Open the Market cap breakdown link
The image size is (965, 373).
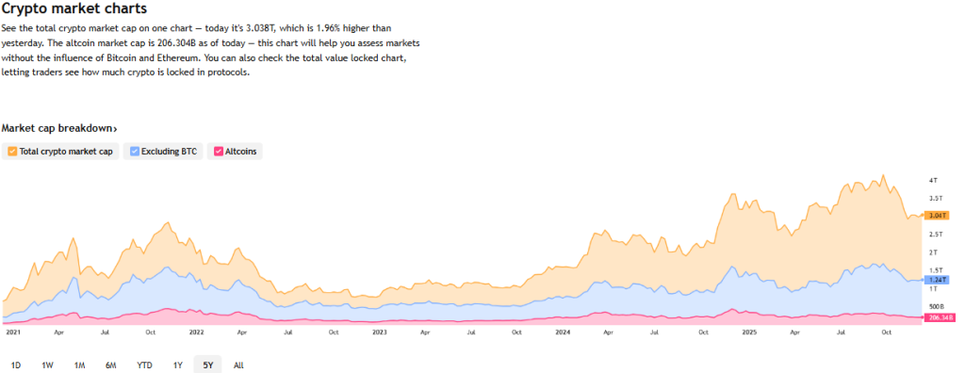pos(59,128)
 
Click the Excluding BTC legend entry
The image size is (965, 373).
pos(165,151)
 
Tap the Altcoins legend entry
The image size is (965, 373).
pos(236,151)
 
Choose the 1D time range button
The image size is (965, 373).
pos(16,365)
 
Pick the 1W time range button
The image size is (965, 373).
pos(47,365)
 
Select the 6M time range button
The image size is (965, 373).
pos(111,365)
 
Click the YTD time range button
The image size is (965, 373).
pos(144,365)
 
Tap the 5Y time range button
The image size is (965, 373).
pos(208,365)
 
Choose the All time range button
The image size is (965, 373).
pos(238,365)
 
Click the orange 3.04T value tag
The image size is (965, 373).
pos(938,216)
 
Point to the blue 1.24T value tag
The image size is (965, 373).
pos(938,280)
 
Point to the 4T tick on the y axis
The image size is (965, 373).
pos(933,180)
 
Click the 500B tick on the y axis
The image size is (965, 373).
pos(936,307)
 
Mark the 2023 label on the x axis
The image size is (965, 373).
pos(379,332)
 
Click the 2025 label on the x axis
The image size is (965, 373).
pos(749,332)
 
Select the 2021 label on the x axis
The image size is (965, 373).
pos(13,332)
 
